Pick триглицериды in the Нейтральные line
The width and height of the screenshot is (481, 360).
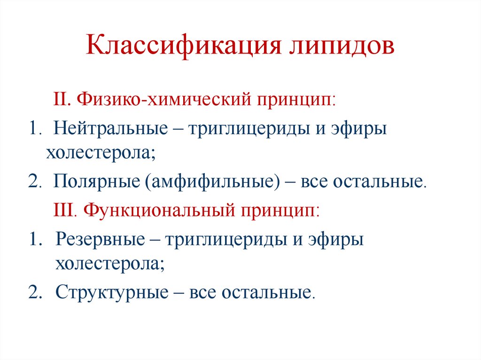pos(245,129)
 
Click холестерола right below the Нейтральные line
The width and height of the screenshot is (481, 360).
pos(100,153)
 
